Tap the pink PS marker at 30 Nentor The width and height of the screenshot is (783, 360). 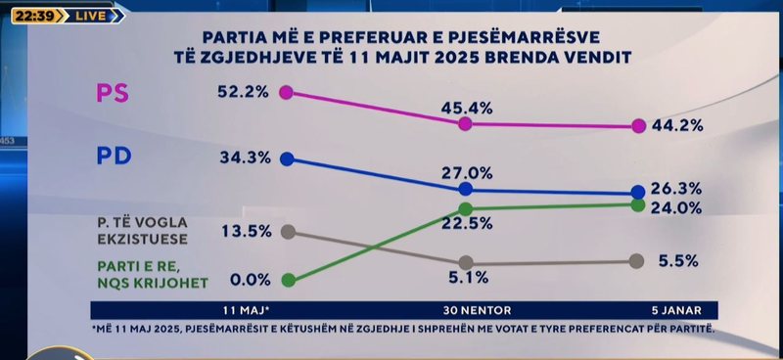tap(466, 124)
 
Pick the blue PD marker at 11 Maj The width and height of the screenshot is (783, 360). tap(287, 158)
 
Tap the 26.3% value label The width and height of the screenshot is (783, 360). tap(676, 188)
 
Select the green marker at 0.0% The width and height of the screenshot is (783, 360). tap(287, 280)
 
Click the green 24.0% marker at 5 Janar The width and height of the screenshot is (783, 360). tap(637, 205)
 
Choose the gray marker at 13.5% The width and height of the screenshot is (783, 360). tap(287, 231)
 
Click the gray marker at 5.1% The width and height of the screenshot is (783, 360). tap(466, 263)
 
